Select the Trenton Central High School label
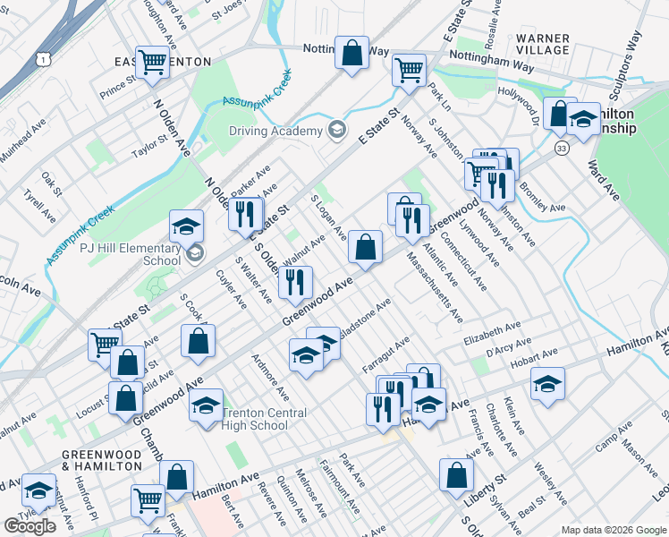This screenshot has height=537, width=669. point(264,419)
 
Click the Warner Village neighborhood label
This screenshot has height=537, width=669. point(543,44)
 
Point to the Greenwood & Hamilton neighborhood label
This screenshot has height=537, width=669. point(102,460)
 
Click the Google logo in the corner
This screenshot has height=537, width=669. point(30,526)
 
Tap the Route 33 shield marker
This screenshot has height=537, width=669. point(562,147)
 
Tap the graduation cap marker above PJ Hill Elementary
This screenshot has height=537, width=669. point(187,225)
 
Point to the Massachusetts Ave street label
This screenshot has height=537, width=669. point(435,286)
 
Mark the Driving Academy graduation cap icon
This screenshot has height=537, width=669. point(337,131)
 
